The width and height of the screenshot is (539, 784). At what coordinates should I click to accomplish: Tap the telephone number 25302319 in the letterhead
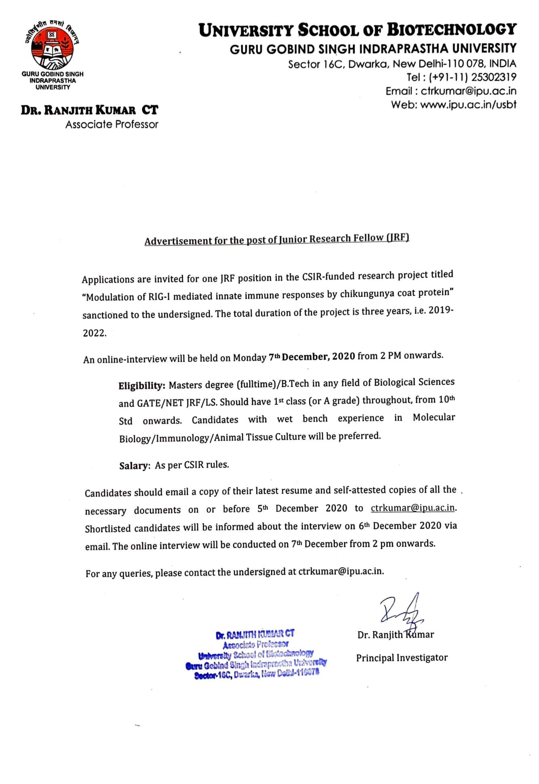[x=493, y=77]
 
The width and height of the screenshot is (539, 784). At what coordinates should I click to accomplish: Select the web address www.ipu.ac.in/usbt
[x=468, y=105]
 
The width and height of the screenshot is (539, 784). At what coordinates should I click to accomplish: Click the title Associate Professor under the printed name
[x=112, y=124]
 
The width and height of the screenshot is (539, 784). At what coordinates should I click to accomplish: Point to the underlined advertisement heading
[x=277, y=239]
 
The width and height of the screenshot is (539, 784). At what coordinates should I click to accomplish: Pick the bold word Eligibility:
[x=141, y=386]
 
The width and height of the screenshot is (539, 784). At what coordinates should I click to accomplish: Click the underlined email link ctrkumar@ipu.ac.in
[x=413, y=508]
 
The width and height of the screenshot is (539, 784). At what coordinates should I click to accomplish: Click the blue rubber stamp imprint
[x=256, y=654]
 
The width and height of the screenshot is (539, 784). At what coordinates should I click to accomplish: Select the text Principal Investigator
[x=402, y=658]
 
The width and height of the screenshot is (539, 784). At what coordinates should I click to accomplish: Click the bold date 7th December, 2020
[x=312, y=357]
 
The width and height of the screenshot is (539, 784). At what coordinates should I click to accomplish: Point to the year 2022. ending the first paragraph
[x=95, y=333]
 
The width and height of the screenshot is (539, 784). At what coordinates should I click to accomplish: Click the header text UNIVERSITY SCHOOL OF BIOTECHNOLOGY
[x=357, y=30]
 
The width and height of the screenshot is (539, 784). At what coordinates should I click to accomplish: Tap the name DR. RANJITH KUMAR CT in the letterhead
[x=90, y=110]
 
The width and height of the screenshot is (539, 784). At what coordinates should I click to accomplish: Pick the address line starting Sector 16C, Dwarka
[x=402, y=64]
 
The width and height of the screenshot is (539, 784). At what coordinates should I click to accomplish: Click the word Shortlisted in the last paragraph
[x=108, y=528]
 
